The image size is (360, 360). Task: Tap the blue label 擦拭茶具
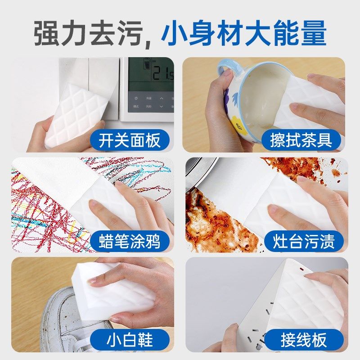pos(301,140)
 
